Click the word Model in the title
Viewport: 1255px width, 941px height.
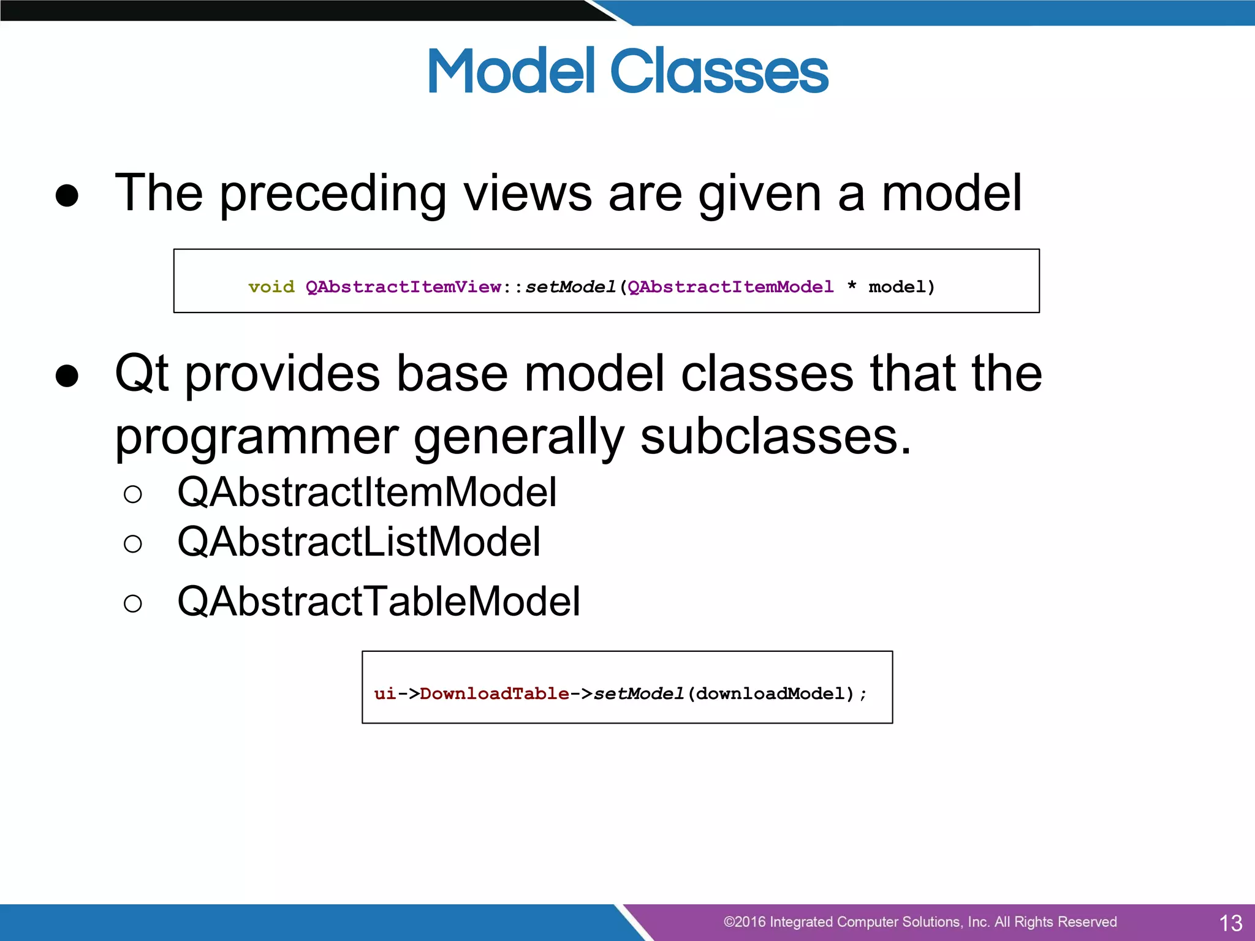coord(511,72)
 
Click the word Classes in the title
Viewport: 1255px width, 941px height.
coord(719,72)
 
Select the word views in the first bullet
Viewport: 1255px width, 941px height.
coord(528,193)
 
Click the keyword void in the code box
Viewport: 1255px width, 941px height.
coord(271,287)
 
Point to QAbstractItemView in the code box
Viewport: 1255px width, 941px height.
coord(403,287)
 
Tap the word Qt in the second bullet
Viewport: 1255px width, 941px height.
coord(142,373)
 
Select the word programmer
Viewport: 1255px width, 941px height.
coord(257,438)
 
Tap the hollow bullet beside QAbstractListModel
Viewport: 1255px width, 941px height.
coord(132,543)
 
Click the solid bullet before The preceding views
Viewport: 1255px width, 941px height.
coord(67,195)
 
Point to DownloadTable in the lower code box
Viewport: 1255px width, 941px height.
coord(494,693)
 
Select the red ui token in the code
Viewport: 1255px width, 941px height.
coord(385,693)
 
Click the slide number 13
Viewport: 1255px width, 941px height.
coord(1230,923)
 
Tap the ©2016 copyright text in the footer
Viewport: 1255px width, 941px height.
coord(919,922)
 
